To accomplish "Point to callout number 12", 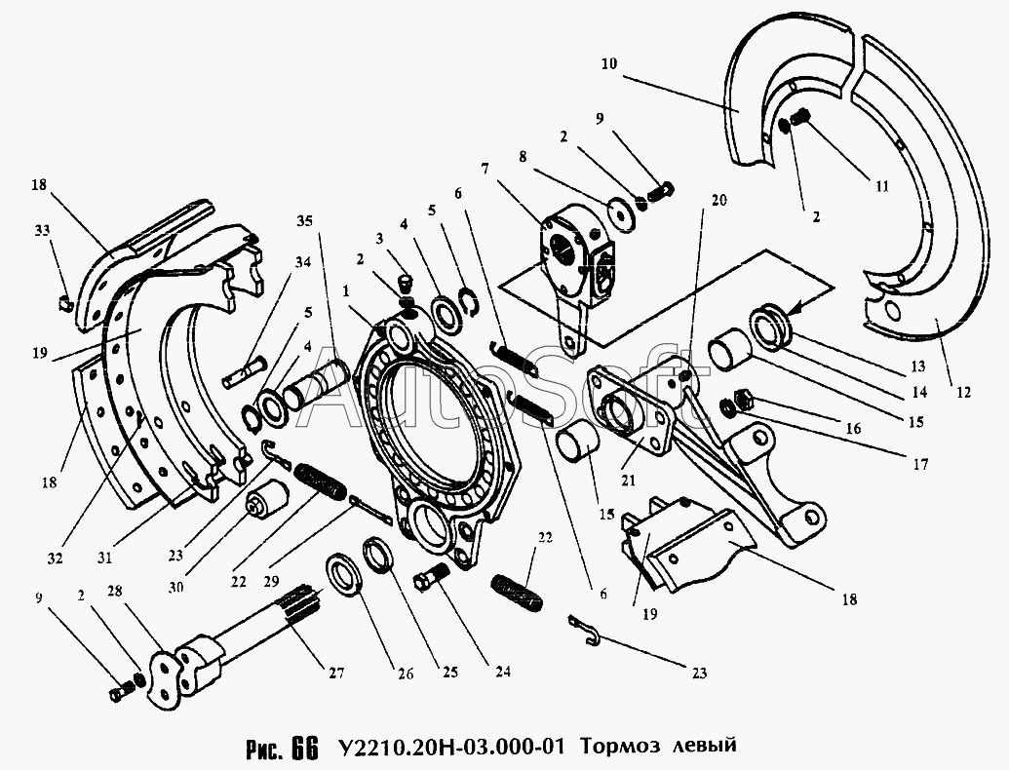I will coord(963,393).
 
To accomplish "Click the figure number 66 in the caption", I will coord(303,749).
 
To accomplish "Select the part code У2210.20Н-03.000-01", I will coord(449,748).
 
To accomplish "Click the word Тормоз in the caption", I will coord(616,748).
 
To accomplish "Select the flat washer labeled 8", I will coord(620,212).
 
